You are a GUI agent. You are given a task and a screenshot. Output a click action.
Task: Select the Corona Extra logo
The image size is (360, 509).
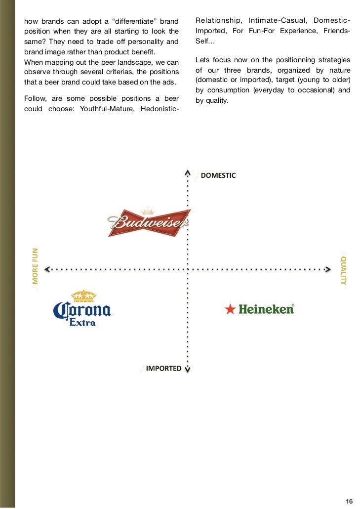82,308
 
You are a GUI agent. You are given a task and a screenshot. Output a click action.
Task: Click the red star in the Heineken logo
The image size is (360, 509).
230,310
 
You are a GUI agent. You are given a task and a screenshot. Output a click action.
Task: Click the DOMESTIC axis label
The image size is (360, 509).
218,175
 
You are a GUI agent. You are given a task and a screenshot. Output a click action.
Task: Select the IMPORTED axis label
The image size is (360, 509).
163,368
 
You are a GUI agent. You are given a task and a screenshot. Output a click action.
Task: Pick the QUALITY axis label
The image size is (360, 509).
344,270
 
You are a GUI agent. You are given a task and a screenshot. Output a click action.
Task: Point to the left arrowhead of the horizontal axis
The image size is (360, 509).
47,269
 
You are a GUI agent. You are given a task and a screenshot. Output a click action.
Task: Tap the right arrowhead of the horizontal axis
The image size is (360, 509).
327,269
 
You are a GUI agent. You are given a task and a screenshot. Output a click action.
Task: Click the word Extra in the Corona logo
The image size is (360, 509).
82,322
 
